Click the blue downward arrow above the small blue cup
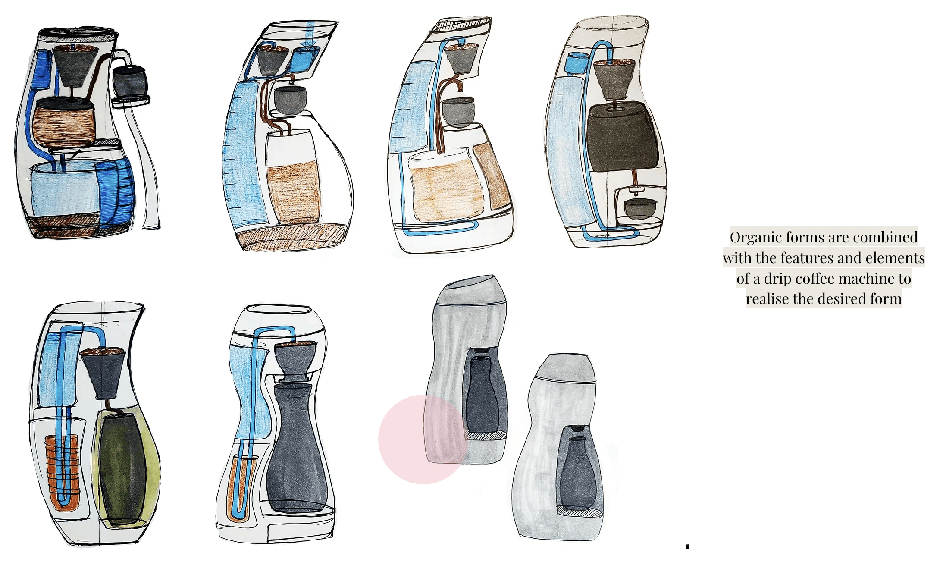point(310,32)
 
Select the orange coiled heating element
point(63,470)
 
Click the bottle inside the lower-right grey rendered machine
point(578,472)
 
